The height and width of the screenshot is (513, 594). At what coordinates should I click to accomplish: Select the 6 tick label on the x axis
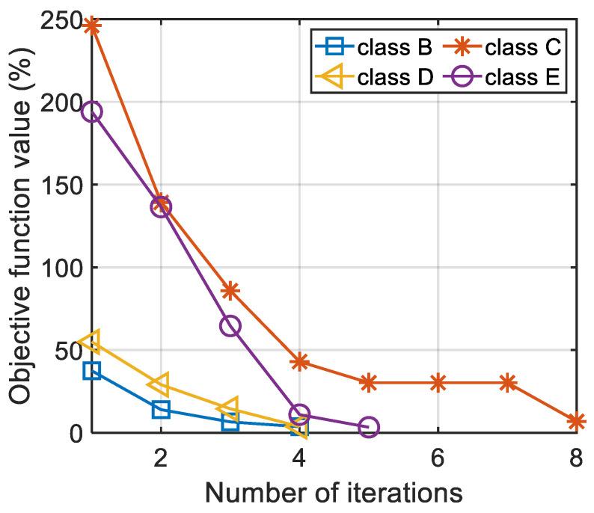438,458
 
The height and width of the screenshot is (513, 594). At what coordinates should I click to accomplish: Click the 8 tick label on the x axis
576,458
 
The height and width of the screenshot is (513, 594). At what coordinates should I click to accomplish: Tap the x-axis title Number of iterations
334,494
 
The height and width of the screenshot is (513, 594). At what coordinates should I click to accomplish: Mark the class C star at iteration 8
576,422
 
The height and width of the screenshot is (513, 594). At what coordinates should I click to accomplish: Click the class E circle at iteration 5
368,427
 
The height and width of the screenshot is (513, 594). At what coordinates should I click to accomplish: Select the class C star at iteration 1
91,26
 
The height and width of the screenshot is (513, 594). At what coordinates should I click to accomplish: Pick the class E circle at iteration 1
91,112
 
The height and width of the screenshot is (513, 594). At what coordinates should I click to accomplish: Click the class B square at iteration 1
91,370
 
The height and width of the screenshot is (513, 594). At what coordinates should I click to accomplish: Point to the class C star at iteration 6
438,383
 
